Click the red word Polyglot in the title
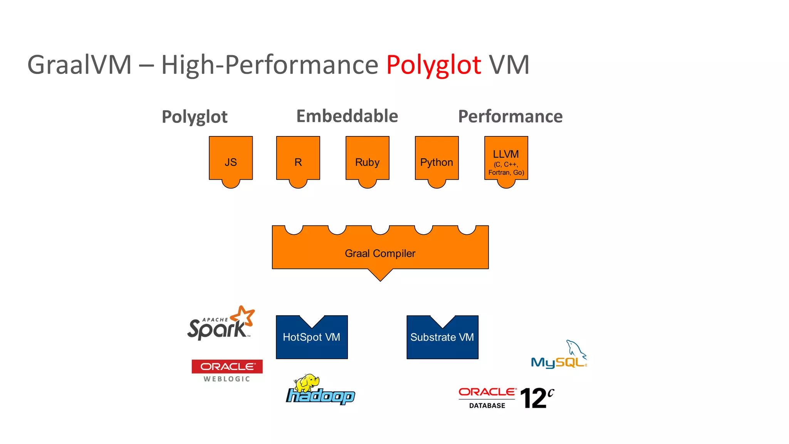433,65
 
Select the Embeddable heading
347,116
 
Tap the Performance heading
510,116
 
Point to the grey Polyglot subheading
195,117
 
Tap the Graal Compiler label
380,253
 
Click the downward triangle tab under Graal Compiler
380,274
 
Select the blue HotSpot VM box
312,339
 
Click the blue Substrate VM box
442,339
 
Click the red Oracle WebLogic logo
227,367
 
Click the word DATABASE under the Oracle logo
487,405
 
